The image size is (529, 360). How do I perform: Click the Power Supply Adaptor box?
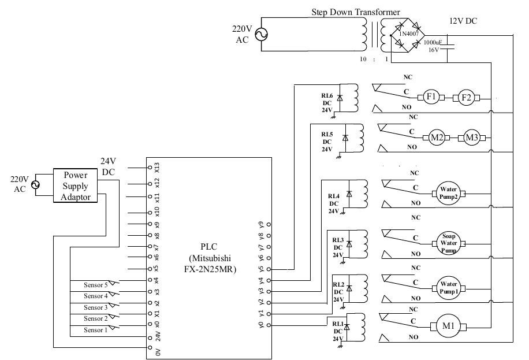tap(76, 186)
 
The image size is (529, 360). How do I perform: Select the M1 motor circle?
tap(448, 325)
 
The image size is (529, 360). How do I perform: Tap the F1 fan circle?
tap(430, 97)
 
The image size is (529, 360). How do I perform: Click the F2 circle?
tap(467, 97)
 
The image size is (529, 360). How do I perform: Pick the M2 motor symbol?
tap(437, 138)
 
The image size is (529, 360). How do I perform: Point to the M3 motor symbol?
tap(472, 138)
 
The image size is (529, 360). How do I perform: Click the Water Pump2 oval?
tap(448, 192)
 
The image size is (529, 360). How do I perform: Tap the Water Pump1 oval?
tap(448, 287)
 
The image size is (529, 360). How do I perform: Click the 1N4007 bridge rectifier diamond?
tap(408, 35)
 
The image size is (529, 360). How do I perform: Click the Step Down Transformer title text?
tap(356, 12)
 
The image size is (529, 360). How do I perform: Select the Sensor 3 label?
tap(96, 307)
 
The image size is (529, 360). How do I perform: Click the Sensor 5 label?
tap(96, 285)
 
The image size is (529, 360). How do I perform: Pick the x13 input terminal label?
tap(157, 168)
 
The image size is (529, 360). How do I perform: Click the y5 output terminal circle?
tap(269, 269)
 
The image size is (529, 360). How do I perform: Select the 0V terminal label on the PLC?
tap(157, 351)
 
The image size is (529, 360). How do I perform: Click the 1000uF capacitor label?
tap(433, 43)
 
